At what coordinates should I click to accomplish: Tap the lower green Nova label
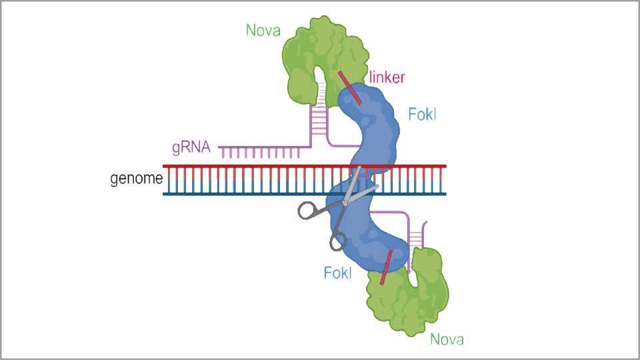(447, 339)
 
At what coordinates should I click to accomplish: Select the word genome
(137, 179)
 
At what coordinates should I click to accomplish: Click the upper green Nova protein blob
(320, 53)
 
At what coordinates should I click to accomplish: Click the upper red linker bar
(349, 87)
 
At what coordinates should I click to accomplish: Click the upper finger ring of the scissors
(308, 211)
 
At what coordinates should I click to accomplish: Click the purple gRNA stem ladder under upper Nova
(318, 120)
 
